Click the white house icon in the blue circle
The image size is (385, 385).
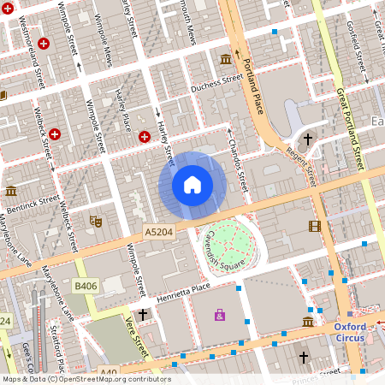pos(192,184)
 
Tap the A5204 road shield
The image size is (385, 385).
pos(158,232)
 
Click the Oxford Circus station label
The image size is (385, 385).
pos(349,332)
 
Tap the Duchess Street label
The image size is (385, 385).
pos(217,83)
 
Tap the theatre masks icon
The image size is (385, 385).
pos(96,221)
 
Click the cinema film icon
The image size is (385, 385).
pos(315,226)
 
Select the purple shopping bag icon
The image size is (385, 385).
pos(220,316)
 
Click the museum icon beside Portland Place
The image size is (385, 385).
pos(226,58)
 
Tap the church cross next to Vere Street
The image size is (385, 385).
pos(143,315)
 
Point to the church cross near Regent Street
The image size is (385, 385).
pos(309,139)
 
